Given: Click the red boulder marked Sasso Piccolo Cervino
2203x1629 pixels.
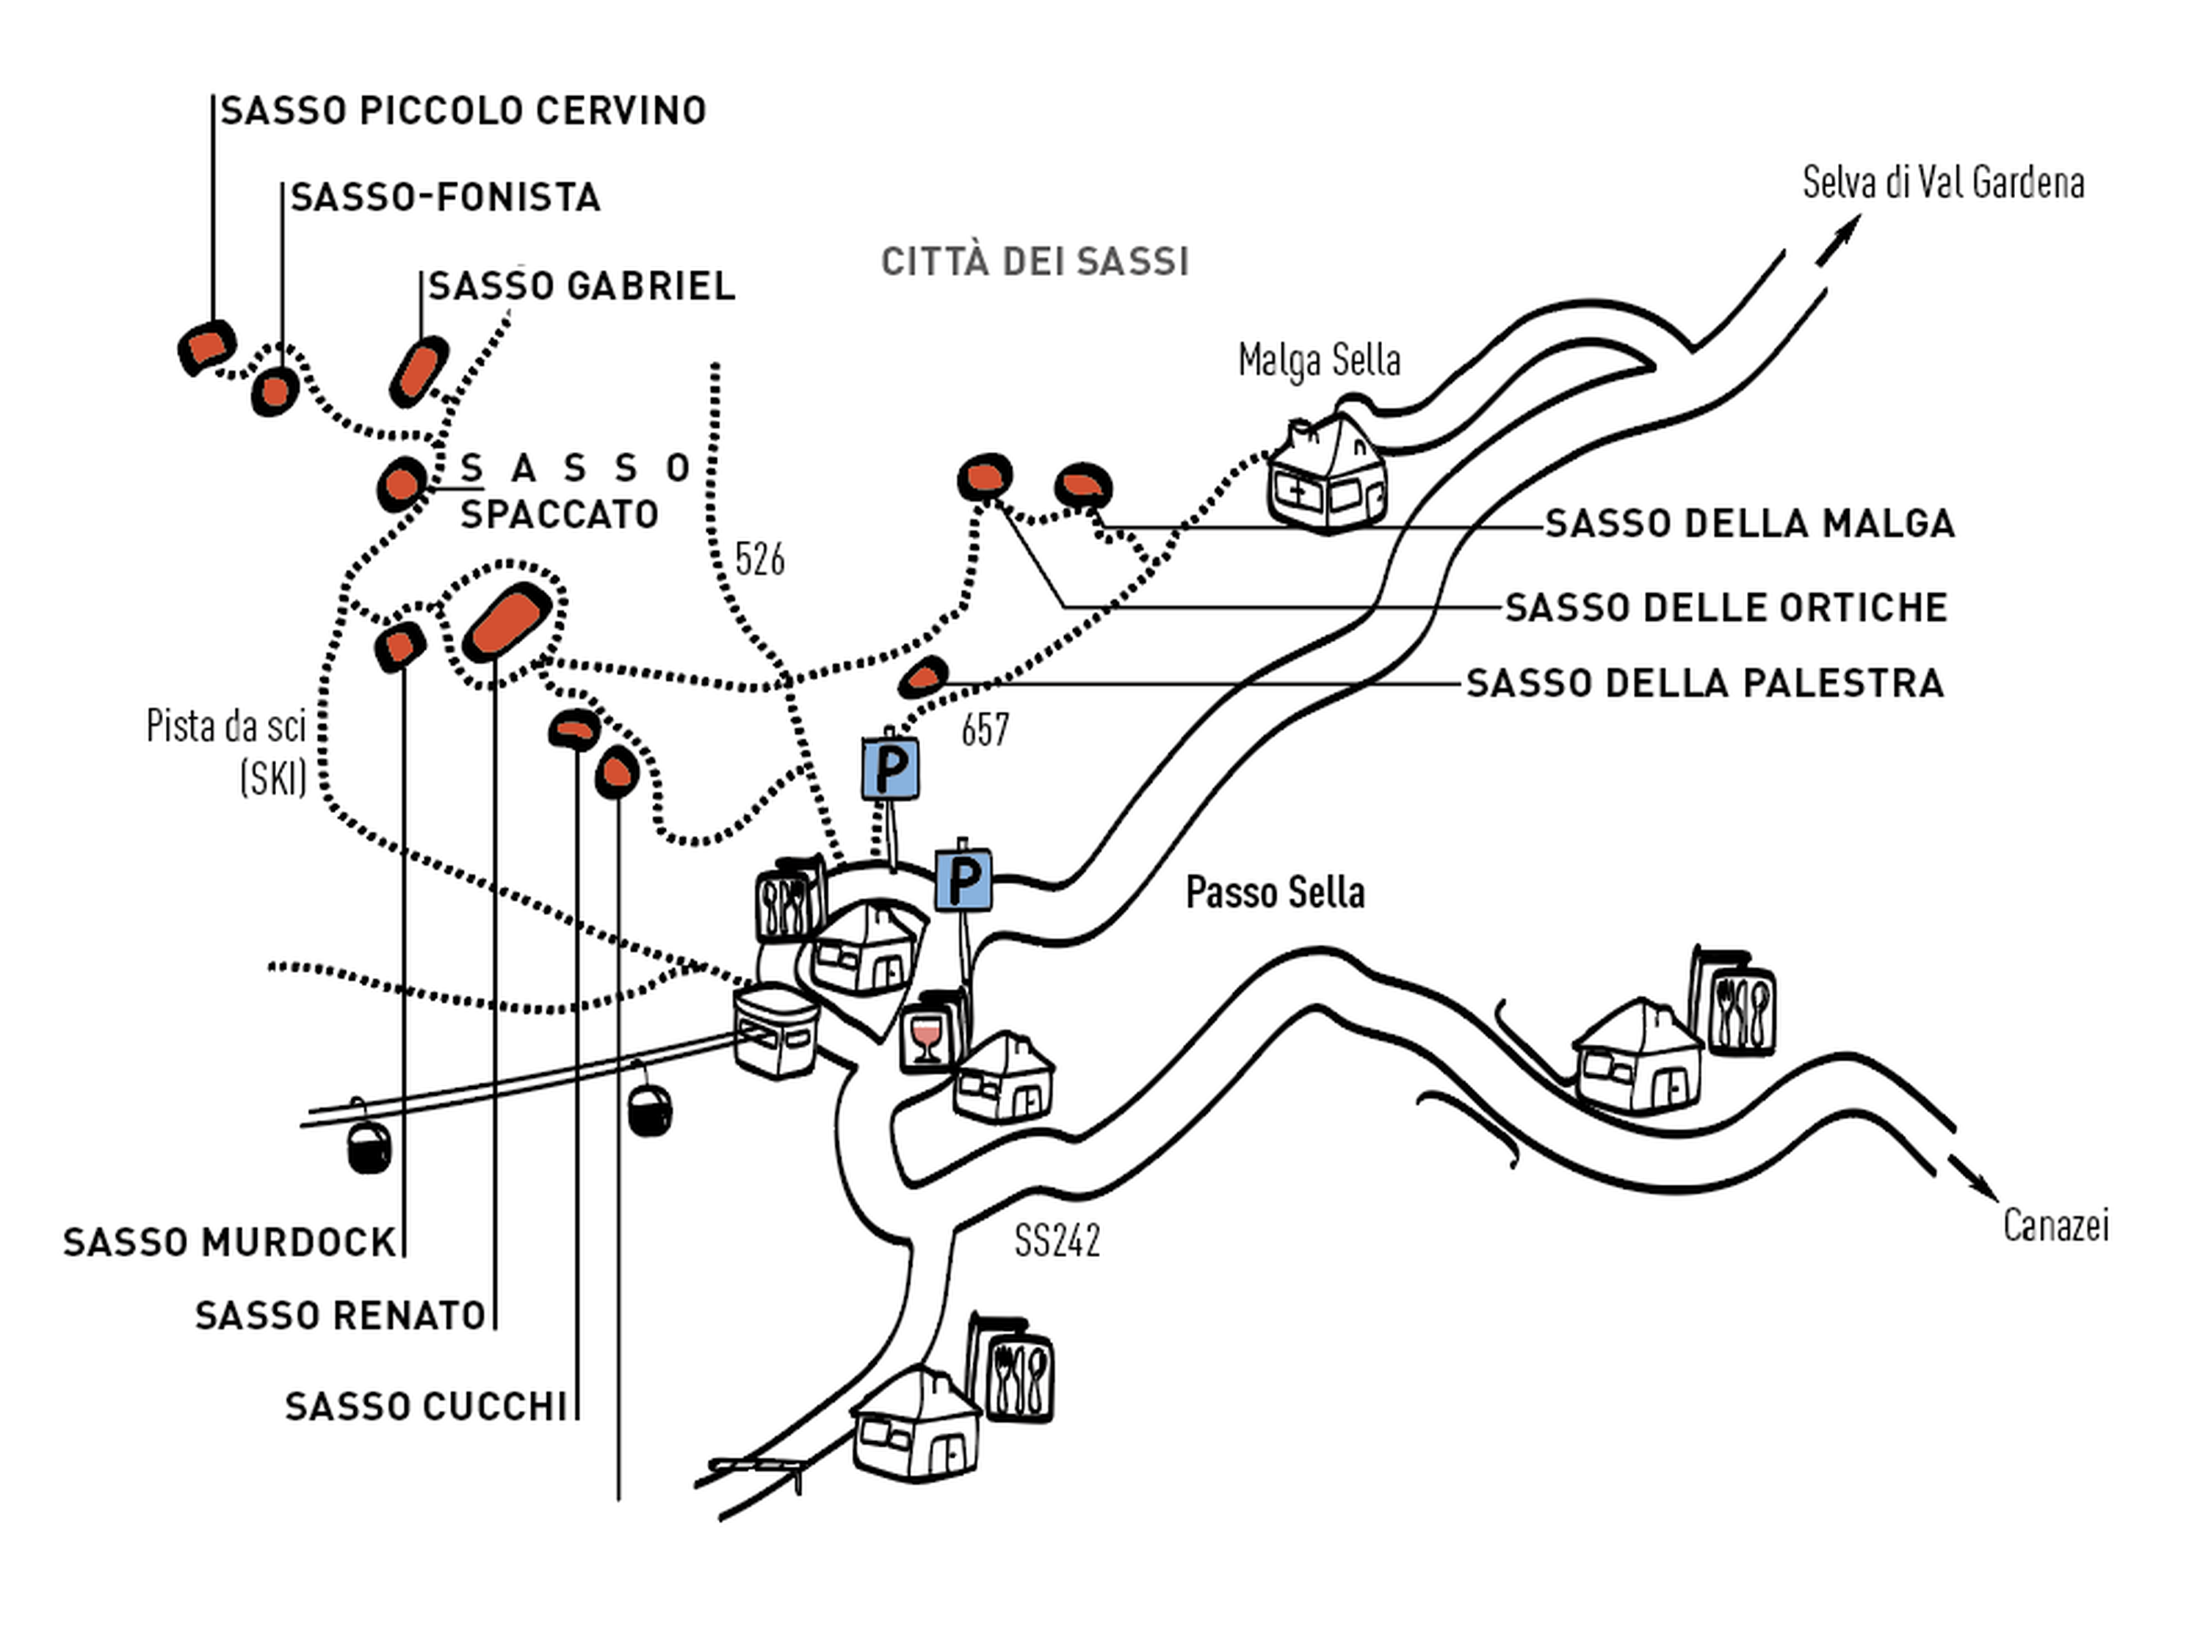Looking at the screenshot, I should coord(207,347).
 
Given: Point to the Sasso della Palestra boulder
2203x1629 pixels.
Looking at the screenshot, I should coord(924,677).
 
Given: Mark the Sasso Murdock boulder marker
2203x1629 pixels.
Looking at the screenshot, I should coord(399,647).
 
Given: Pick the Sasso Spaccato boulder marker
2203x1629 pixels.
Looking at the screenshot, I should coord(402,484).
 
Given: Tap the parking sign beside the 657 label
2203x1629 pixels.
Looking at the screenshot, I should coord(890,768).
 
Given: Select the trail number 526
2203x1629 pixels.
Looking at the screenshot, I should coord(759,559).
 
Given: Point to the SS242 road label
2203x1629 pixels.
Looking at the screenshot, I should coord(1057,1241).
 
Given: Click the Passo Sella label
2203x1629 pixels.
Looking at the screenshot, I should coord(1275,892).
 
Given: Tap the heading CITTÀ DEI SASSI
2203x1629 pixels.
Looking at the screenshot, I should coord(1034,262).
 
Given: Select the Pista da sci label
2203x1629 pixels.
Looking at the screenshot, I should coord(227,726).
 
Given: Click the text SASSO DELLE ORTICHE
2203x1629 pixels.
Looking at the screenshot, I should coord(1726,608).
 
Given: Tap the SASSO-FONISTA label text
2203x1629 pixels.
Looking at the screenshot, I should coord(445,197).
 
